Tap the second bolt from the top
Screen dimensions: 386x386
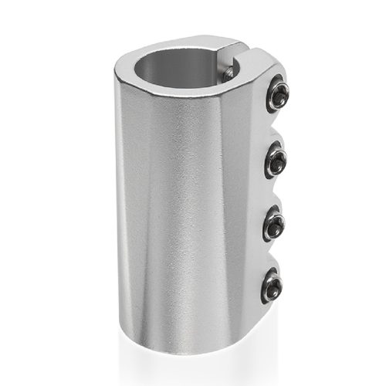275,161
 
